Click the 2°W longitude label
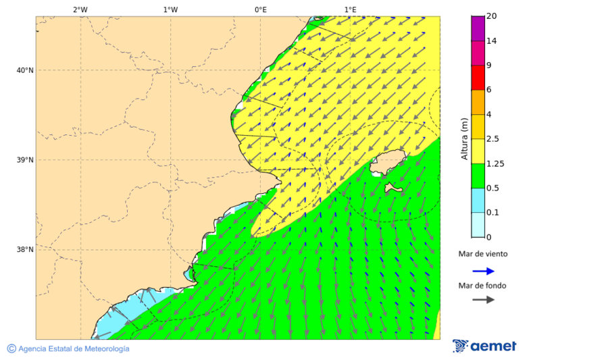point(80,9)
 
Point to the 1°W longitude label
point(170,9)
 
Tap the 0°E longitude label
point(260,9)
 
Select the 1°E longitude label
point(350,9)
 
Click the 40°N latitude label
point(25,70)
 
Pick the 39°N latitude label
point(25,160)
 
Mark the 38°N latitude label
point(25,250)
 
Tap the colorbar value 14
point(491,41)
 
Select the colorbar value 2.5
point(493,139)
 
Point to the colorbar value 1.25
point(495,163)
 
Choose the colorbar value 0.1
point(493,213)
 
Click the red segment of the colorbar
point(478,78)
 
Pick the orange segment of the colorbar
point(478,102)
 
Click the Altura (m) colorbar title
point(464,138)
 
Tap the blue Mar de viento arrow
point(483,271)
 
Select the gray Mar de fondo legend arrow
point(483,300)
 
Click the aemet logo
point(484,346)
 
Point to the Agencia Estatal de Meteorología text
point(68,349)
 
